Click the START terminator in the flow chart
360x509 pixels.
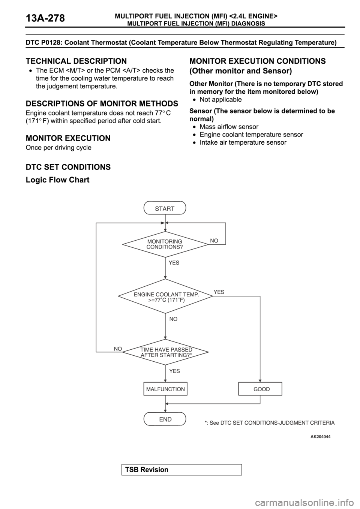(x=165, y=208)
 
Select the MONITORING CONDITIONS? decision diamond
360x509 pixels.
(x=165, y=244)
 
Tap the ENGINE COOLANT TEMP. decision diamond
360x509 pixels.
(x=165, y=296)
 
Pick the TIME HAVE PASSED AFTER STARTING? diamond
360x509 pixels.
(x=165, y=352)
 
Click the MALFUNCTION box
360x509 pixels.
(x=165, y=389)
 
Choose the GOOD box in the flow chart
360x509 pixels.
(x=260, y=389)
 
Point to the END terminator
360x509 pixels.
(x=165, y=419)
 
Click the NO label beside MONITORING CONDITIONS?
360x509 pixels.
(x=214, y=241)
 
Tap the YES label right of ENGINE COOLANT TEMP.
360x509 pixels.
(x=219, y=292)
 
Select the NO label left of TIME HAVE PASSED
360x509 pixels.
(x=118, y=349)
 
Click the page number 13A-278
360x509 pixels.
(x=45, y=18)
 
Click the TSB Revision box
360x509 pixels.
(x=181, y=470)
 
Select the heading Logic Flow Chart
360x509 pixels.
(x=57, y=180)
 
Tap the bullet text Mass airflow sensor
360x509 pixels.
(x=229, y=127)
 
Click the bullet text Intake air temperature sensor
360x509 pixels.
(x=243, y=142)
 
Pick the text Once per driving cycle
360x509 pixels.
(x=58, y=148)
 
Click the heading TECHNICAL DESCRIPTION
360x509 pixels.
(x=76, y=61)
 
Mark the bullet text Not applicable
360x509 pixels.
(x=220, y=100)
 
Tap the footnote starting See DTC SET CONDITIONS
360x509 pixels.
(x=270, y=423)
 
